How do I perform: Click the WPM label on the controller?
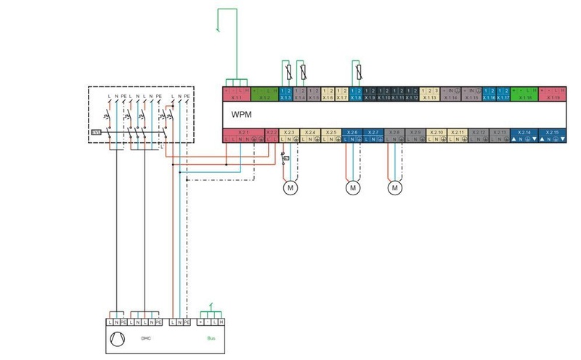point(243,115)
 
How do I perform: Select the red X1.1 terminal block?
point(237,93)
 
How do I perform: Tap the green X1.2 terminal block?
point(264,93)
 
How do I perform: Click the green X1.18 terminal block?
point(524,93)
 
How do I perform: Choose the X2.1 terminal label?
point(243,132)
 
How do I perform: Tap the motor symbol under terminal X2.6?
point(353,188)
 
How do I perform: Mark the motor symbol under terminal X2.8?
point(395,188)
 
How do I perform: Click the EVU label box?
point(95,132)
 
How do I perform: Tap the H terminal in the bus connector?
point(222,322)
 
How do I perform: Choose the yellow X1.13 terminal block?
point(430,93)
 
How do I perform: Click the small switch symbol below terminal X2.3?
point(285,157)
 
